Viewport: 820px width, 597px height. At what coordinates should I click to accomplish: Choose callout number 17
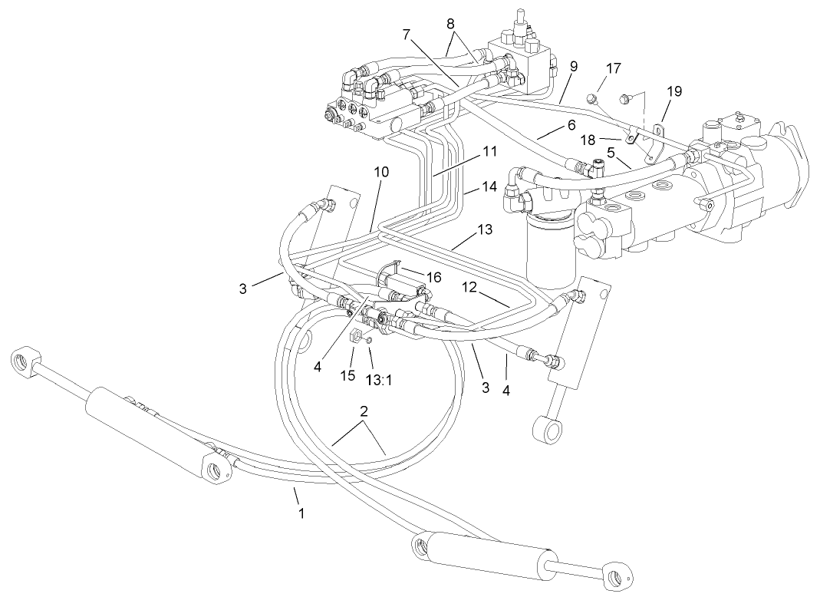(x=614, y=68)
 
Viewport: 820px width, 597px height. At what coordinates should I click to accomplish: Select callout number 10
(x=382, y=173)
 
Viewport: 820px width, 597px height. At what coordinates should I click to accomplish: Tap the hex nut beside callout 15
(x=355, y=336)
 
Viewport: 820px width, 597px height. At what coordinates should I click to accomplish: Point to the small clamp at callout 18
(x=629, y=139)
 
